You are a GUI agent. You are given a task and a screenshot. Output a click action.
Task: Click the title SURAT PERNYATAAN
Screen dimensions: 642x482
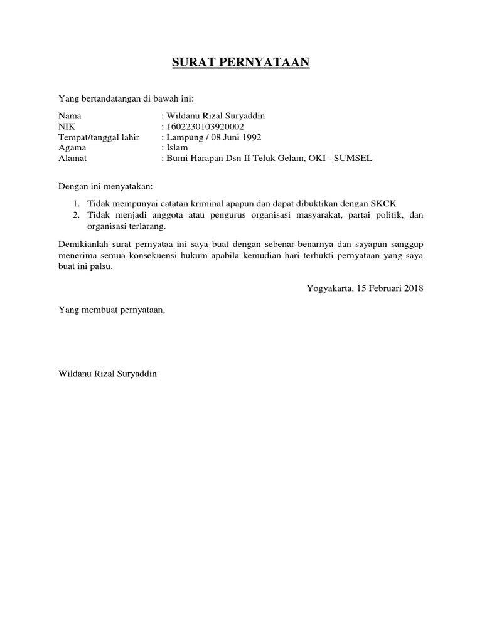click(241, 63)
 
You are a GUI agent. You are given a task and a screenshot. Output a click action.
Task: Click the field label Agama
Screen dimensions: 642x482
click(72, 148)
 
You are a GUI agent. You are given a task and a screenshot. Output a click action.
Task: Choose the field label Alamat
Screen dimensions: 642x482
click(72, 159)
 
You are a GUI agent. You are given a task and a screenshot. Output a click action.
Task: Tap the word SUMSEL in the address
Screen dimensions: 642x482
click(355, 159)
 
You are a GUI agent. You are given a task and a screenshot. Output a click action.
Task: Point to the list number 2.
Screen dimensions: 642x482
click(75, 215)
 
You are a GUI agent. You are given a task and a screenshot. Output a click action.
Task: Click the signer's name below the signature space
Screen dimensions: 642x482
click(107, 374)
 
